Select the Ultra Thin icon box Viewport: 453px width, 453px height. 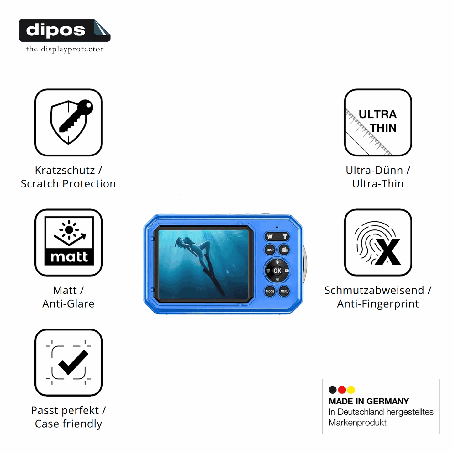coord(378,122)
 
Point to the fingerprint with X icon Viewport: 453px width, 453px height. coord(378,242)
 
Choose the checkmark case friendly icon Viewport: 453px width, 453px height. coord(68,362)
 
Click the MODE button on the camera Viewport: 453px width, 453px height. coord(270,291)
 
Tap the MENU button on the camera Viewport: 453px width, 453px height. coord(284,291)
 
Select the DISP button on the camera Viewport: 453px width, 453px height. coord(270,250)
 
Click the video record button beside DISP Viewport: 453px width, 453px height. coord(284,250)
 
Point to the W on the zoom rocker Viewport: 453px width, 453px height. coord(270,237)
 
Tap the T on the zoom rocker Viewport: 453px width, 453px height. coord(285,237)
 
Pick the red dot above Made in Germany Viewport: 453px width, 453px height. coord(342,390)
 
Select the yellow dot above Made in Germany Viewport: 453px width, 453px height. coord(351,390)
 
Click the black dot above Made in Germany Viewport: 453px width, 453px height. coord(332,390)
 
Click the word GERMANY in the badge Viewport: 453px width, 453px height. coord(388,401)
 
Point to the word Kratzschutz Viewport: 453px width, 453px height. coord(65,171)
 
